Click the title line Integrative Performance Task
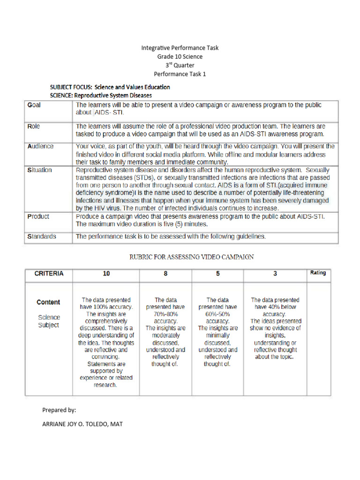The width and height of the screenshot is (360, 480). [x=180, y=48]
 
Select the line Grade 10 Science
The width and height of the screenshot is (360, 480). [x=180, y=57]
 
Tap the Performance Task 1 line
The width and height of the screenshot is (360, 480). [x=180, y=74]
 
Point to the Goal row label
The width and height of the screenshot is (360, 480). [x=34, y=105]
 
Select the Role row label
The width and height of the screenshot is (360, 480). [x=34, y=126]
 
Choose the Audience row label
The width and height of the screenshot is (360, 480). [x=40, y=146]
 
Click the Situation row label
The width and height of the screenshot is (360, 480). [x=39, y=170]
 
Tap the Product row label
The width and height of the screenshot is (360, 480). [x=38, y=217]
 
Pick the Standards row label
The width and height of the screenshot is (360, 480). [x=42, y=237]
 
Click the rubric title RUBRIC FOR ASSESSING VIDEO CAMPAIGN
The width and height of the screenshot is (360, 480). [x=191, y=257]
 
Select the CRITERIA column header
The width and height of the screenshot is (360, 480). [x=49, y=274]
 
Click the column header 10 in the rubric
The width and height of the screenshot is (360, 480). [x=106, y=274]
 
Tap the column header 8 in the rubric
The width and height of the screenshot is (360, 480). [x=165, y=274]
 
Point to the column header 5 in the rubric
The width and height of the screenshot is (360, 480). [x=217, y=274]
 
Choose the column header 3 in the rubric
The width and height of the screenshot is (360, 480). [x=275, y=274]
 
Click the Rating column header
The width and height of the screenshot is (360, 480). [x=318, y=273]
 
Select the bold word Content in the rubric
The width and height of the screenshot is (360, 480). [x=48, y=302]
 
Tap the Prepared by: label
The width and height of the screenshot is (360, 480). [x=59, y=410]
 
